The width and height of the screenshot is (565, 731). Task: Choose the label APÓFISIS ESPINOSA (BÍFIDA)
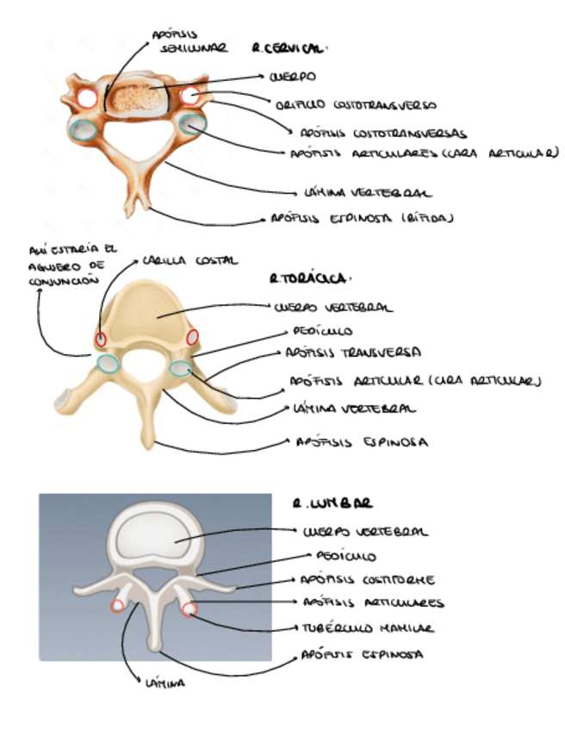362,218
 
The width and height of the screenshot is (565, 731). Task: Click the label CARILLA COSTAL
190,259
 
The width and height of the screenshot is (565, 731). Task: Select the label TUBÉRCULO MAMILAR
366,628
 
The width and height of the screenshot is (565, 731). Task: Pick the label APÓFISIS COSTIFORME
367,580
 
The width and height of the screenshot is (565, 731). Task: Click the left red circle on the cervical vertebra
88,97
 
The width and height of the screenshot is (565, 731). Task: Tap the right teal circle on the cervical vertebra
192,123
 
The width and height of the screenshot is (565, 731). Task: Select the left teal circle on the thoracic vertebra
109,363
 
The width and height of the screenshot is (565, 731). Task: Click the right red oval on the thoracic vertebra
191,335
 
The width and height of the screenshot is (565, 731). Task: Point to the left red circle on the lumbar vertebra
117,606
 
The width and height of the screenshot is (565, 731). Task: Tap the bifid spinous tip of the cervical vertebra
135,207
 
